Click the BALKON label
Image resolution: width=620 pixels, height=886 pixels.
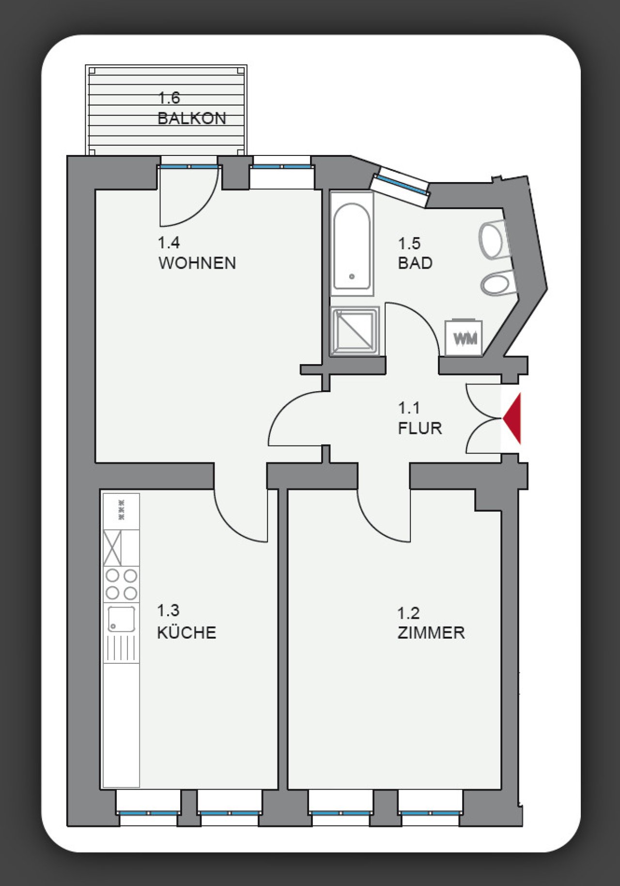coord(192,119)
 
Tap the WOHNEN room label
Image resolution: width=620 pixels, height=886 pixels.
coord(197,263)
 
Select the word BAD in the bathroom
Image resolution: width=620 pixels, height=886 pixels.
coord(415,263)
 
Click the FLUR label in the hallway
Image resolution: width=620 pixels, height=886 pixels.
coord(420,428)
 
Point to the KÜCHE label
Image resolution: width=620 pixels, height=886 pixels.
coord(186,633)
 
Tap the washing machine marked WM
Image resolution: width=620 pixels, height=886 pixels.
coord(464,338)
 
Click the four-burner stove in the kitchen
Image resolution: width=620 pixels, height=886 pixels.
coord(121,584)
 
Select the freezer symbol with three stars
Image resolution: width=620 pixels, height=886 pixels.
coord(121,510)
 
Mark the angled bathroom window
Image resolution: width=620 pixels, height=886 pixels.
coord(400,186)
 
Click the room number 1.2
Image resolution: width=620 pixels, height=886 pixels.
coord(408,613)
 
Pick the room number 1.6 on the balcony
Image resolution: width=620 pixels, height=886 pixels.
coord(169,98)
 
